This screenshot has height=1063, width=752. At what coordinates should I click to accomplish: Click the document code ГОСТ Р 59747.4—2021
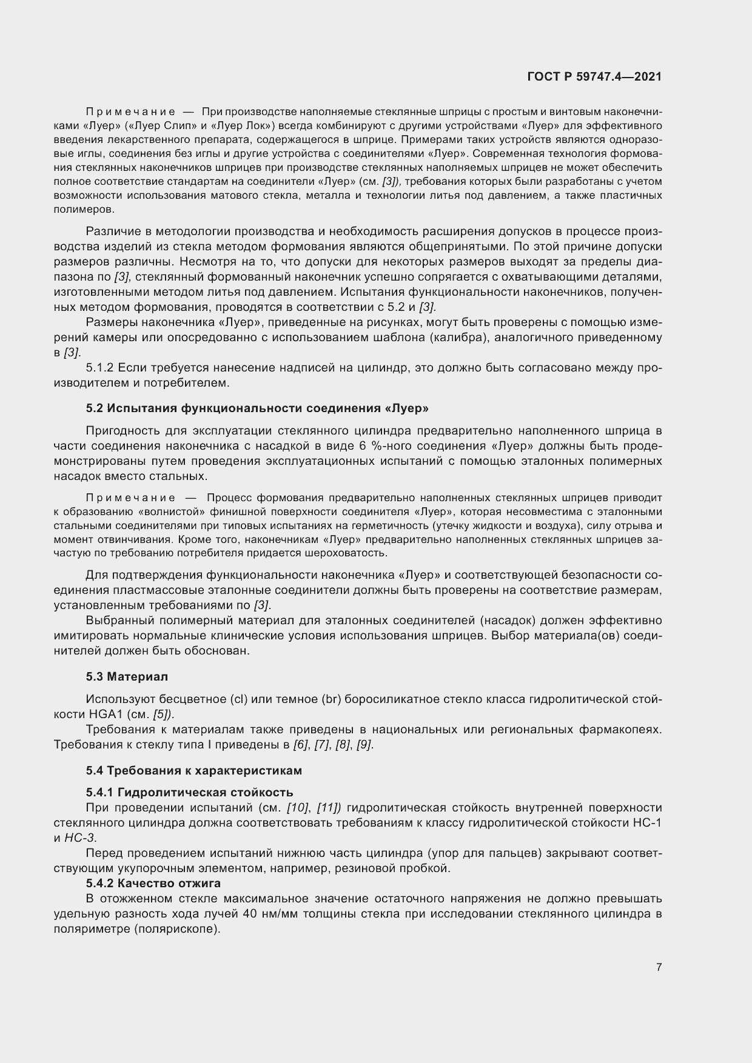(594, 76)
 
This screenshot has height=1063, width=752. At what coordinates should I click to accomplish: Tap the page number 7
(659, 967)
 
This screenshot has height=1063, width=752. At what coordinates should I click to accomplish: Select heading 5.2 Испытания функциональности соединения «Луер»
(257, 408)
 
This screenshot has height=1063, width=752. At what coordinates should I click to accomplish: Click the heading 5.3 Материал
(127, 676)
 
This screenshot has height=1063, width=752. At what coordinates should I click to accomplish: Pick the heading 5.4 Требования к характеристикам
(193, 770)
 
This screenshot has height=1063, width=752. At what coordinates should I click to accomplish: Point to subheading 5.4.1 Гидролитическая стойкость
(189, 792)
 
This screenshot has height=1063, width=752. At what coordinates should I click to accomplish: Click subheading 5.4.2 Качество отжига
(153, 882)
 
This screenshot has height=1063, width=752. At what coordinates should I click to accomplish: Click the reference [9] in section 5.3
(364, 744)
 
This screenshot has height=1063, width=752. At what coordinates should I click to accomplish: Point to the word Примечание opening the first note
(130, 112)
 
